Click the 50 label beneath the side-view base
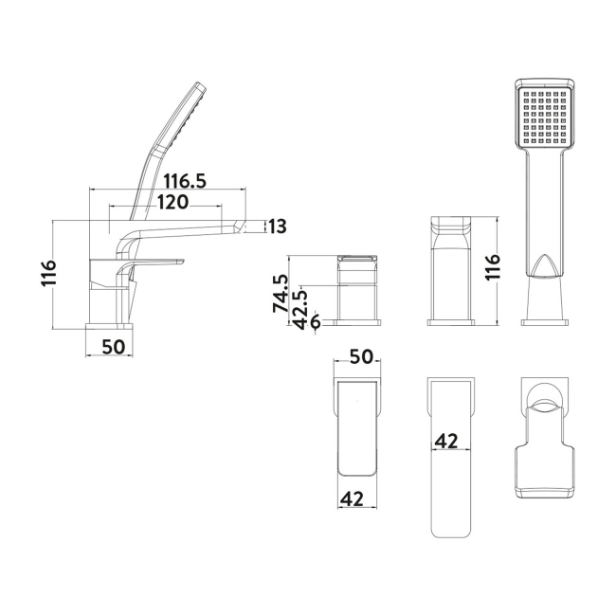112,346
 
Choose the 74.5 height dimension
280,294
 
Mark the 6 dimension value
314,322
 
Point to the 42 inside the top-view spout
448,441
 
